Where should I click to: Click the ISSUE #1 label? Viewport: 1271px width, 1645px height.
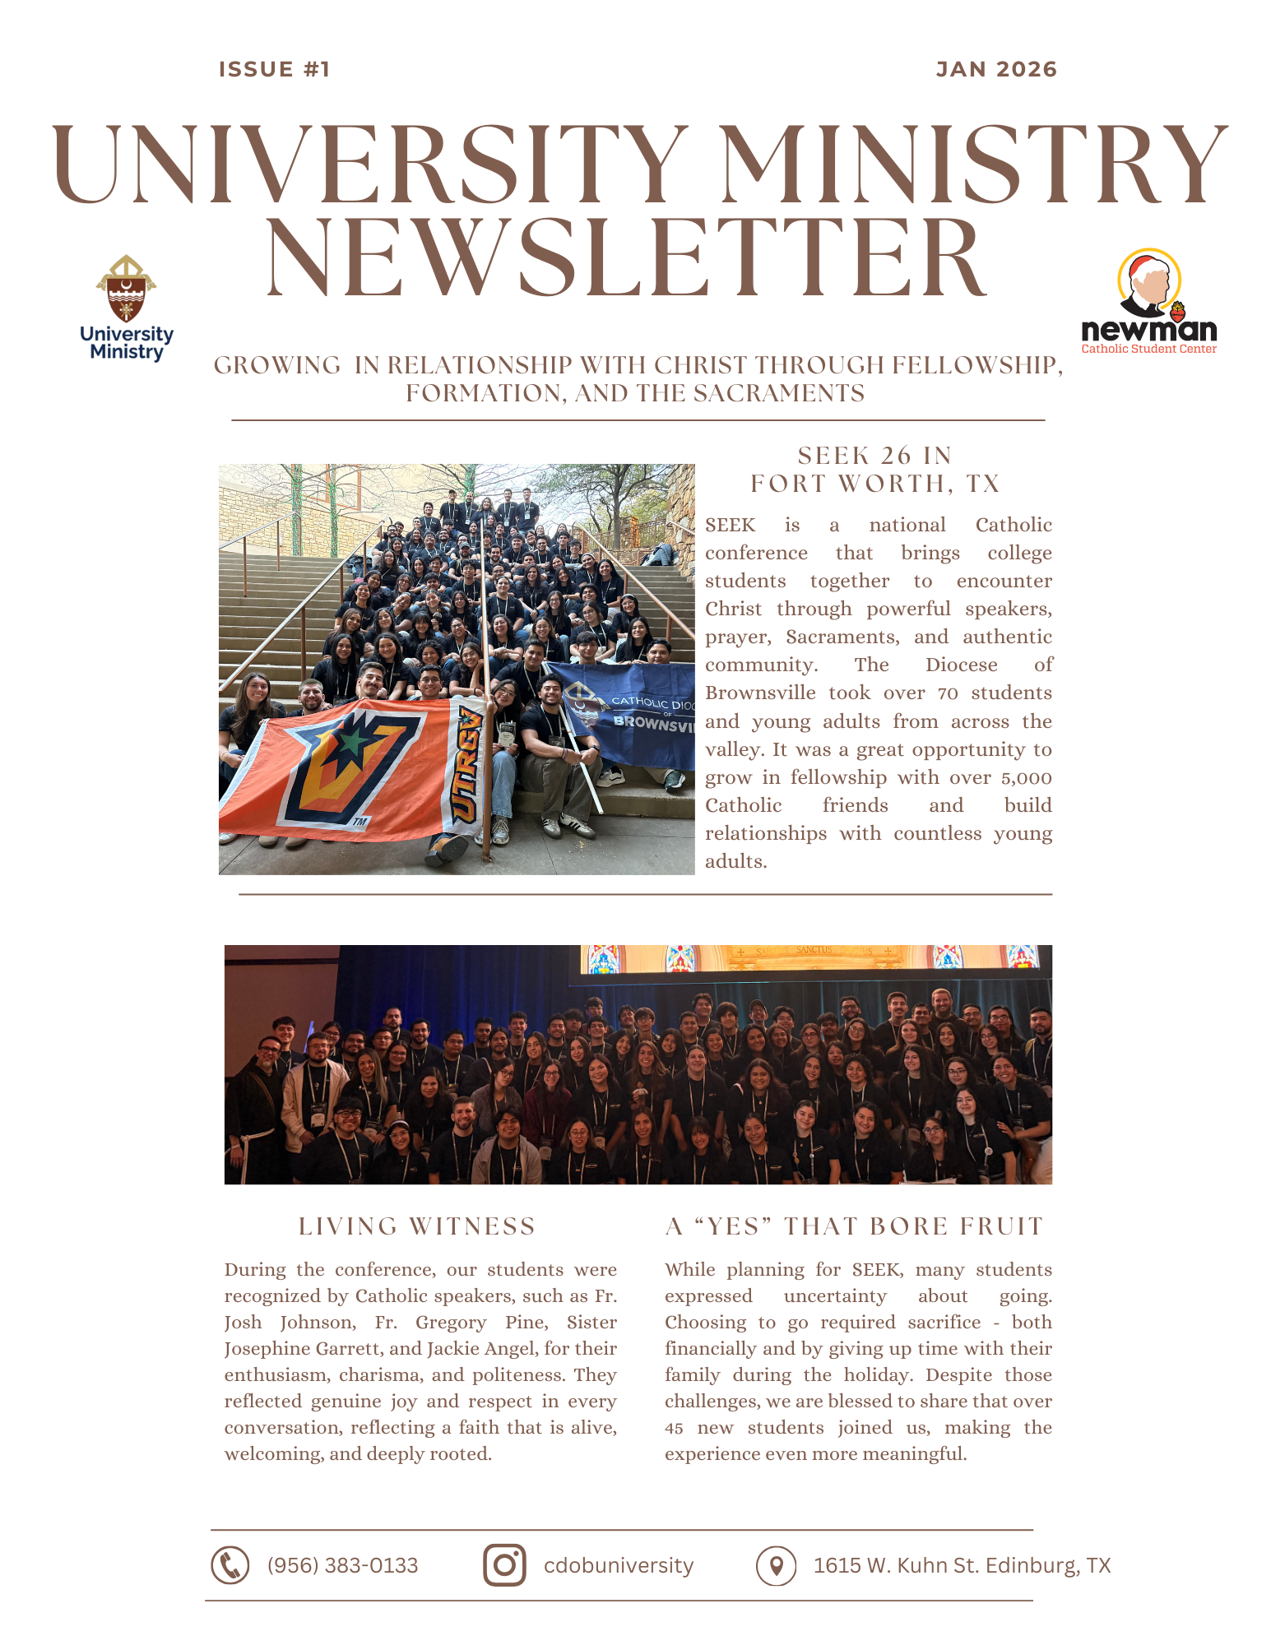click(274, 70)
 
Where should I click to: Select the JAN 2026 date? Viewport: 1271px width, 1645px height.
click(996, 70)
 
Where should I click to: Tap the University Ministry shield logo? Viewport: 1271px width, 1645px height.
click(126, 290)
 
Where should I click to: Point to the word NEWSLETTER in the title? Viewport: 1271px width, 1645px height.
click(625, 258)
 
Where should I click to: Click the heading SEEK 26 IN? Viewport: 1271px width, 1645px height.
click(874, 456)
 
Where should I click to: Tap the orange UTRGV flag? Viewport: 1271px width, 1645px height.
click(346, 769)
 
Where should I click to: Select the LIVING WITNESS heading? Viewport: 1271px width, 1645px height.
click(417, 1226)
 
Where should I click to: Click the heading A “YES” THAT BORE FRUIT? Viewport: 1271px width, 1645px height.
click(854, 1226)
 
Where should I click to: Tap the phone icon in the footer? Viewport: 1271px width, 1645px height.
click(230, 1565)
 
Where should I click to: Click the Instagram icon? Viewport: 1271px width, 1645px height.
click(504, 1565)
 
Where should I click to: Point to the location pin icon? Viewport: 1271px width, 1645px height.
click(776, 1565)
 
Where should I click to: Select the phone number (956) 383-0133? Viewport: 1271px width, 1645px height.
click(342, 1565)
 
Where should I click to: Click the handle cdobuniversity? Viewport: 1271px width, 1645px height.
click(619, 1565)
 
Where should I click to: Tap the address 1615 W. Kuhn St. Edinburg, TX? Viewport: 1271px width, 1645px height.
click(962, 1565)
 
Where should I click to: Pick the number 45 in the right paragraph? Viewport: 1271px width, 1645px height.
click(674, 1429)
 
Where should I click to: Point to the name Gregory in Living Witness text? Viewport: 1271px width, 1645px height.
click(451, 1323)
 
